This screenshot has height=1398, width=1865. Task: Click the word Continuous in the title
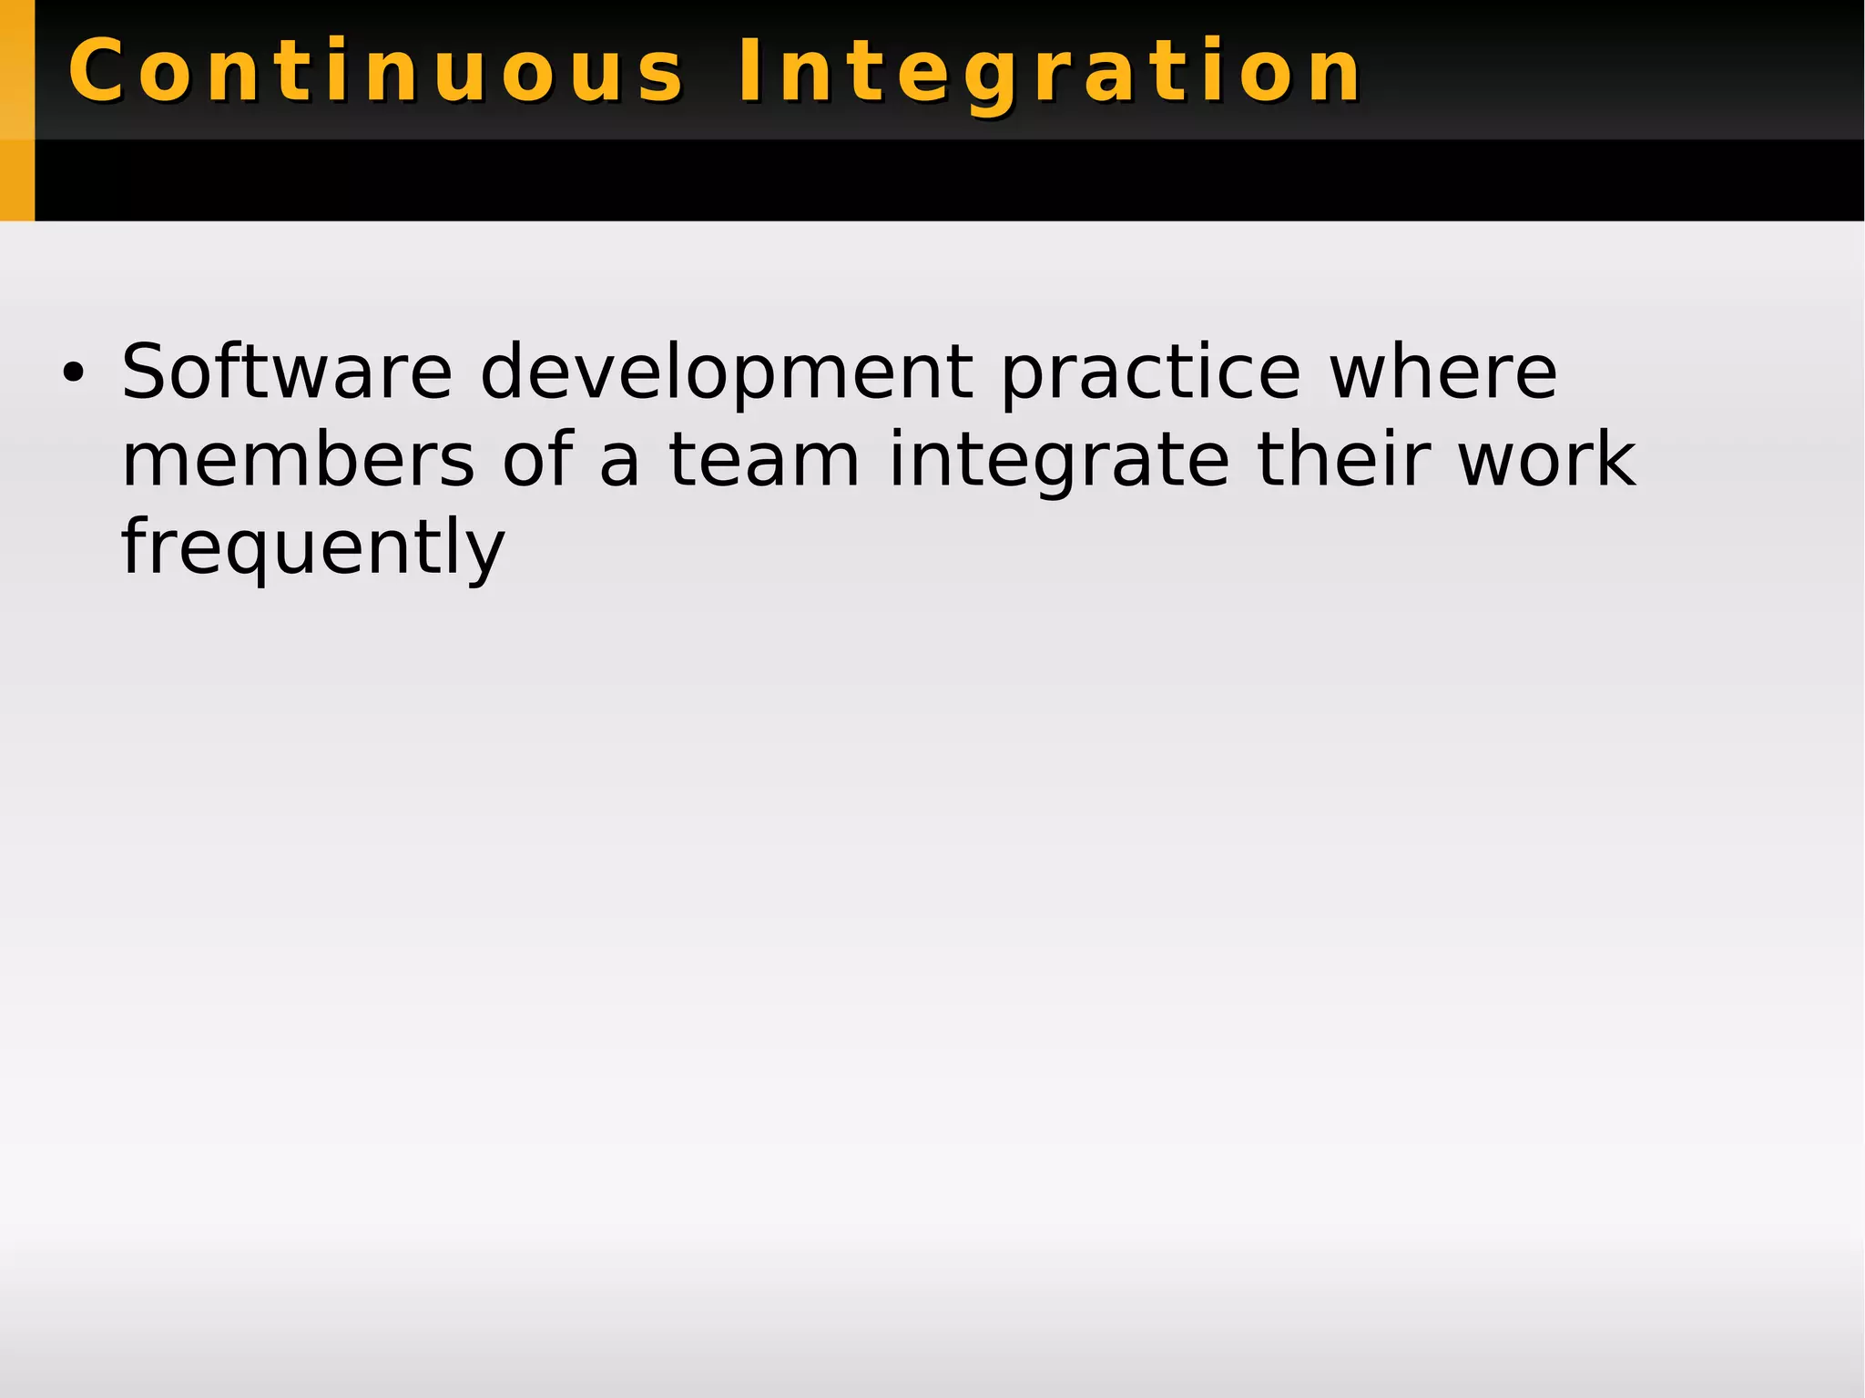point(375,71)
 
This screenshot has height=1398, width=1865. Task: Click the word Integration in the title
point(1049,71)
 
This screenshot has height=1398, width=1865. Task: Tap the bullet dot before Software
point(72,372)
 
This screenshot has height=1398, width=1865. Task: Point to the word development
point(726,373)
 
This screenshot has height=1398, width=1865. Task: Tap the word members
point(298,460)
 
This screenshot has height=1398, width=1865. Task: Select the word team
point(764,460)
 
